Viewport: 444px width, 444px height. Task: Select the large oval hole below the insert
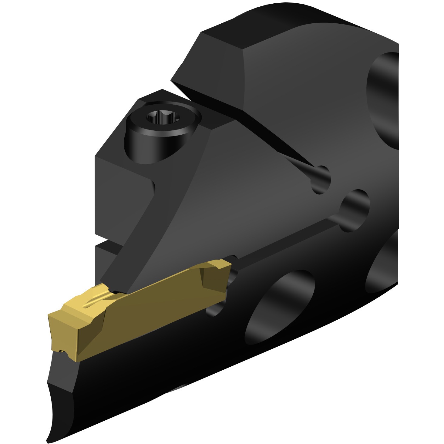click(x=279, y=306)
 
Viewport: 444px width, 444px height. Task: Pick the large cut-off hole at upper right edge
click(x=384, y=100)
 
